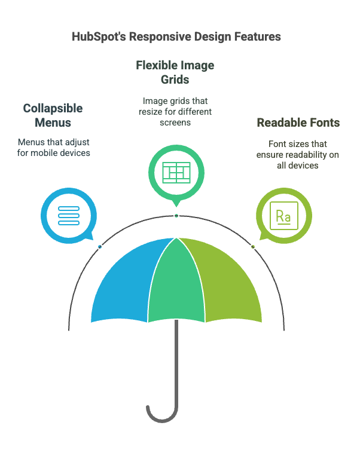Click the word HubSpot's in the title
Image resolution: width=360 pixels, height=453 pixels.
point(95,37)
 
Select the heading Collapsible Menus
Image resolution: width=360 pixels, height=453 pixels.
point(53,115)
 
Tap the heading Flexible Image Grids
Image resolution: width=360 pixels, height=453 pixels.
point(175,71)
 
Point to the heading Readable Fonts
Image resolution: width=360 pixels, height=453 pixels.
point(298,123)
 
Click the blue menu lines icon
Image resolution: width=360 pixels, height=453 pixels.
point(69,215)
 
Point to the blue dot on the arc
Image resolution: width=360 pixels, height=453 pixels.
point(100,246)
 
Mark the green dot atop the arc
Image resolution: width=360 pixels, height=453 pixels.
point(176,215)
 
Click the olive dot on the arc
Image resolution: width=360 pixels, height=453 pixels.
point(253,246)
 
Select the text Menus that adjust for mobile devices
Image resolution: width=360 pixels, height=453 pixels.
point(53,148)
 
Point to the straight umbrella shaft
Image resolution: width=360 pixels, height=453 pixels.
point(177,365)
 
